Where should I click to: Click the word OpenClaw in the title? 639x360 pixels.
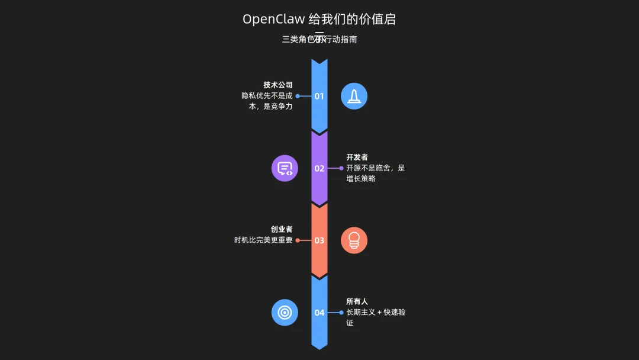pos(273,19)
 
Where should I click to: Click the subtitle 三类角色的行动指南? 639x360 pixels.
pos(319,40)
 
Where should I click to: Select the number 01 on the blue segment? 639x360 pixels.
pos(319,96)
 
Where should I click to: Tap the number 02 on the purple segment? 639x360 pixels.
pos(319,168)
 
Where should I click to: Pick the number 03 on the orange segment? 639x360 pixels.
pos(319,240)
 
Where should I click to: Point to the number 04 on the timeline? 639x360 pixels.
pos(319,313)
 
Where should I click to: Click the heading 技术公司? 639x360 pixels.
pos(278,85)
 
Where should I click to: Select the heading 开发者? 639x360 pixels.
pos(357,157)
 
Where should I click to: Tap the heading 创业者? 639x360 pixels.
pos(282,230)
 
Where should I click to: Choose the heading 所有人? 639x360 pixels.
pos(357,302)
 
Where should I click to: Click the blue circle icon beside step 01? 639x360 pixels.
pos(354,96)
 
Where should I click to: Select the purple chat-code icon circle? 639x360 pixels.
pos(285,168)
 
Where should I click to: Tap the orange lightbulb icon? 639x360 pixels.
pos(354,240)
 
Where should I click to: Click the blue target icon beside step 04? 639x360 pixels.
pos(285,313)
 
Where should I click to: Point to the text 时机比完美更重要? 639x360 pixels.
pos(263,240)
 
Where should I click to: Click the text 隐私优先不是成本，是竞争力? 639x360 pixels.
pos(267,101)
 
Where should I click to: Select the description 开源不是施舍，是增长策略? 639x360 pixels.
pos(375,173)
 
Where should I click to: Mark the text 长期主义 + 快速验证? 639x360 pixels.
pos(375,317)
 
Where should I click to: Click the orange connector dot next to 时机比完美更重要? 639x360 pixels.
pos(298,240)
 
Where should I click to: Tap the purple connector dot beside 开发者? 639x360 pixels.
pos(341,168)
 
